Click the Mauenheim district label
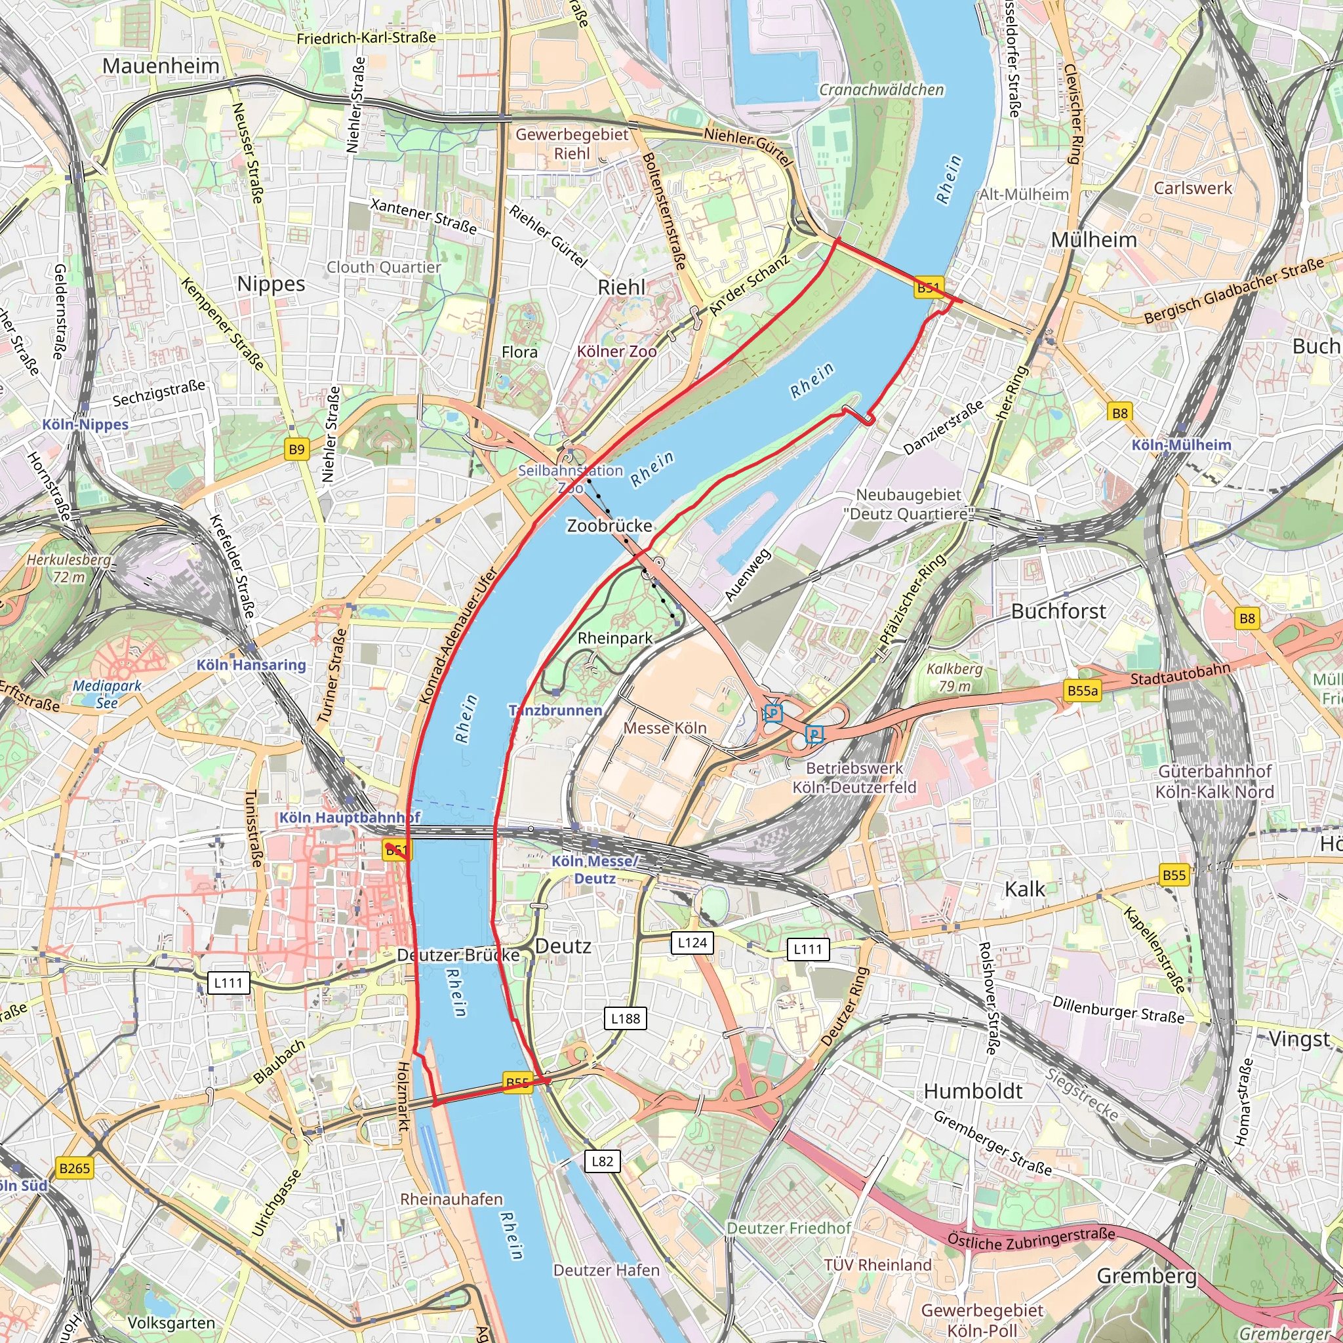[161, 66]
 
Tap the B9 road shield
[297, 449]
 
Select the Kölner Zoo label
[616, 351]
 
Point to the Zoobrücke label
[610, 525]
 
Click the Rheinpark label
[615, 638]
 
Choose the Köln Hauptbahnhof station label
[350, 818]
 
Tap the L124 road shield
[692, 942]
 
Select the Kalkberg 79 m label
[954, 677]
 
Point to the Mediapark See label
[107, 694]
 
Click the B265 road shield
[74, 1168]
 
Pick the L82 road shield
[602, 1161]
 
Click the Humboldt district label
[972, 1091]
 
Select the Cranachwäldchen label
[881, 90]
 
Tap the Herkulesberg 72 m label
[69, 568]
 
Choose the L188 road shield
[626, 1018]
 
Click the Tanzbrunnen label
[555, 710]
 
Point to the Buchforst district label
[1058, 611]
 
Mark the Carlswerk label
[1192, 188]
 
